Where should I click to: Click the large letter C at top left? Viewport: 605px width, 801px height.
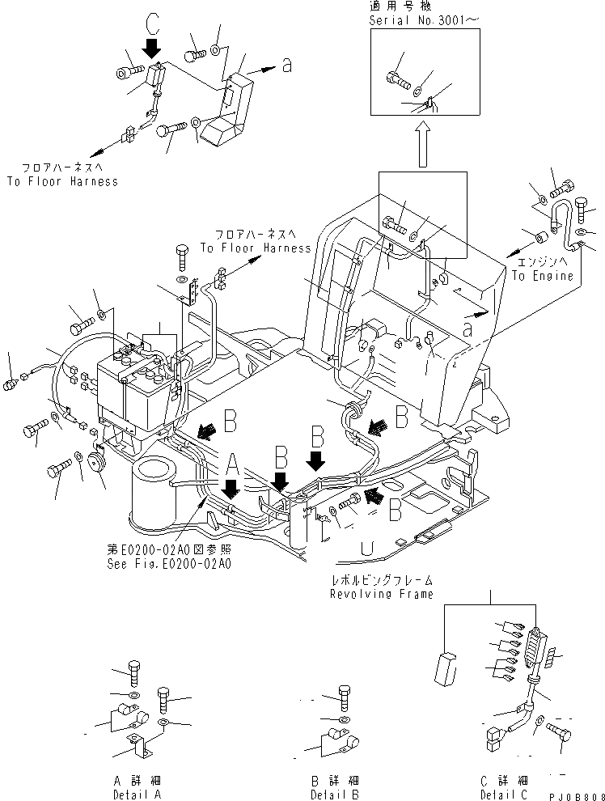[x=151, y=19]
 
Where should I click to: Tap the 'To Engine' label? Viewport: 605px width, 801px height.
[x=543, y=276]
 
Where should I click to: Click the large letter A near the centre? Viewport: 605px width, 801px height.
[x=232, y=464]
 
